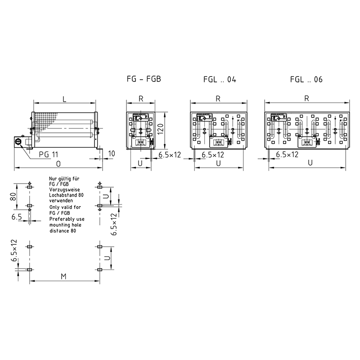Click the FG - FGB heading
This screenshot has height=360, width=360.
[x=144, y=79]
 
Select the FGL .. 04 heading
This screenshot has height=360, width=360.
[x=220, y=80]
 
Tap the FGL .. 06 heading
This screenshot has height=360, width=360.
[x=306, y=80]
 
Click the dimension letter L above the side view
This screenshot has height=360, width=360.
[x=64, y=99]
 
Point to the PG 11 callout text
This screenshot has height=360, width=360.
[x=49, y=154]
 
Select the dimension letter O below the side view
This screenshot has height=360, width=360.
[x=58, y=164]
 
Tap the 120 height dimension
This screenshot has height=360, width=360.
[x=161, y=129]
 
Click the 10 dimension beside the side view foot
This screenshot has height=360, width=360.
[x=111, y=153]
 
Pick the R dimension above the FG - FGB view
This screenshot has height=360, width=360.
[x=141, y=99]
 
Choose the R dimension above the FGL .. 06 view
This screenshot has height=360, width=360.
[x=306, y=99]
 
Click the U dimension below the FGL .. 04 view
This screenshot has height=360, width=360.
[x=218, y=163]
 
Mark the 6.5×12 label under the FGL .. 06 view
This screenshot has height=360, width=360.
[x=287, y=154]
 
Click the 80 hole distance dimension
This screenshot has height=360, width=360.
[x=13, y=197]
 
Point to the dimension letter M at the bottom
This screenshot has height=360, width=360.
[x=63, y=276]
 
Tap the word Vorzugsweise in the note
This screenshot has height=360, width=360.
[x=64, y=189]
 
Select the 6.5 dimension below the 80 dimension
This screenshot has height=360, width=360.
[x=17, y=217]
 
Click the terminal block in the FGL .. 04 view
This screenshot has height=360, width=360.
[x=218, y=142]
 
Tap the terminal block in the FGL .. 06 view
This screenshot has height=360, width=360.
[x=307, y=142]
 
